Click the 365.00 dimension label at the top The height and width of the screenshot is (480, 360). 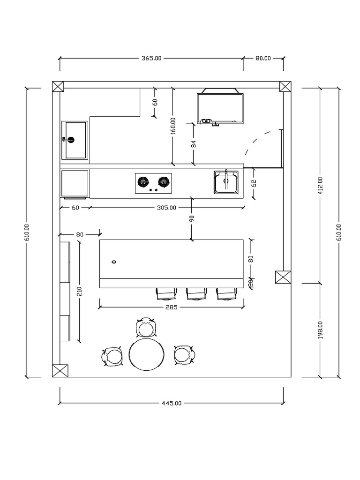pyautogui.click(x=151, y=59)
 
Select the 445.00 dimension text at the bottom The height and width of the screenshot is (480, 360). pyautogui.click(x=172, y=403)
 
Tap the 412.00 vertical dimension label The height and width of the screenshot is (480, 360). pyautogui.click(x=320, y=186)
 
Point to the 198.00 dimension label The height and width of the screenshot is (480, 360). pyautogui.click(x=320, y=330)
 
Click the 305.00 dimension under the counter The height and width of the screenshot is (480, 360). pyautogui.click(x=166, y=207)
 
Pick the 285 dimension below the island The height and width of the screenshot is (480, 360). pyautogui.click(x=172, y=307)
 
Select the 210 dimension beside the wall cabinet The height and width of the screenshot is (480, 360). pyautogui.click(x=79, y=292)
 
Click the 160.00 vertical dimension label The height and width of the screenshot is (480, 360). pyautogui.click(x=172, y=126)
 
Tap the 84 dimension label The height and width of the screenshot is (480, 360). pyautogui.click(x=194, y=143)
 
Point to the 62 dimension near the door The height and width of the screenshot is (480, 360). pyautogui.click(x=254, y=183)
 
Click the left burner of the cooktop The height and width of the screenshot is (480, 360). pyautogui.click(x=143, y=181)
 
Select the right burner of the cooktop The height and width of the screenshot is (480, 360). pyautogui.click(x=163, y=181)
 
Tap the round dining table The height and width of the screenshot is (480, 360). pyautogui.click(x=147, y=355)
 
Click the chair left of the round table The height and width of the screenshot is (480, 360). pyautogui.click(x=112, y=357)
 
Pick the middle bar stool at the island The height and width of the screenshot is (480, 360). pyautogui.click(x=196, y=294)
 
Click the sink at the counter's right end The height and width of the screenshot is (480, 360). pyautogui.click(x=226, y=182)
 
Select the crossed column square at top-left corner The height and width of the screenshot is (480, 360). pyautogui.click(x=57, y=87)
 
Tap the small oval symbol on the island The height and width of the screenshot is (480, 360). pyautogui.click(x=113, y=262)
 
